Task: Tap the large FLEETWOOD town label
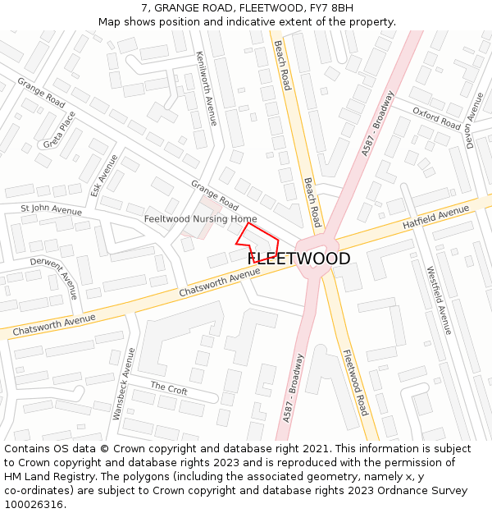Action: (x=298, y=259)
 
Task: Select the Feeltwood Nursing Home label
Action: (x=200, y=219)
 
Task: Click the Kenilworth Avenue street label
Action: (x=206, y=89)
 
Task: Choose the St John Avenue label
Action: (x=51, y=210)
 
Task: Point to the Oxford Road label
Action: (x=436, y=119)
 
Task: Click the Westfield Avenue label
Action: (x=439, y=300)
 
